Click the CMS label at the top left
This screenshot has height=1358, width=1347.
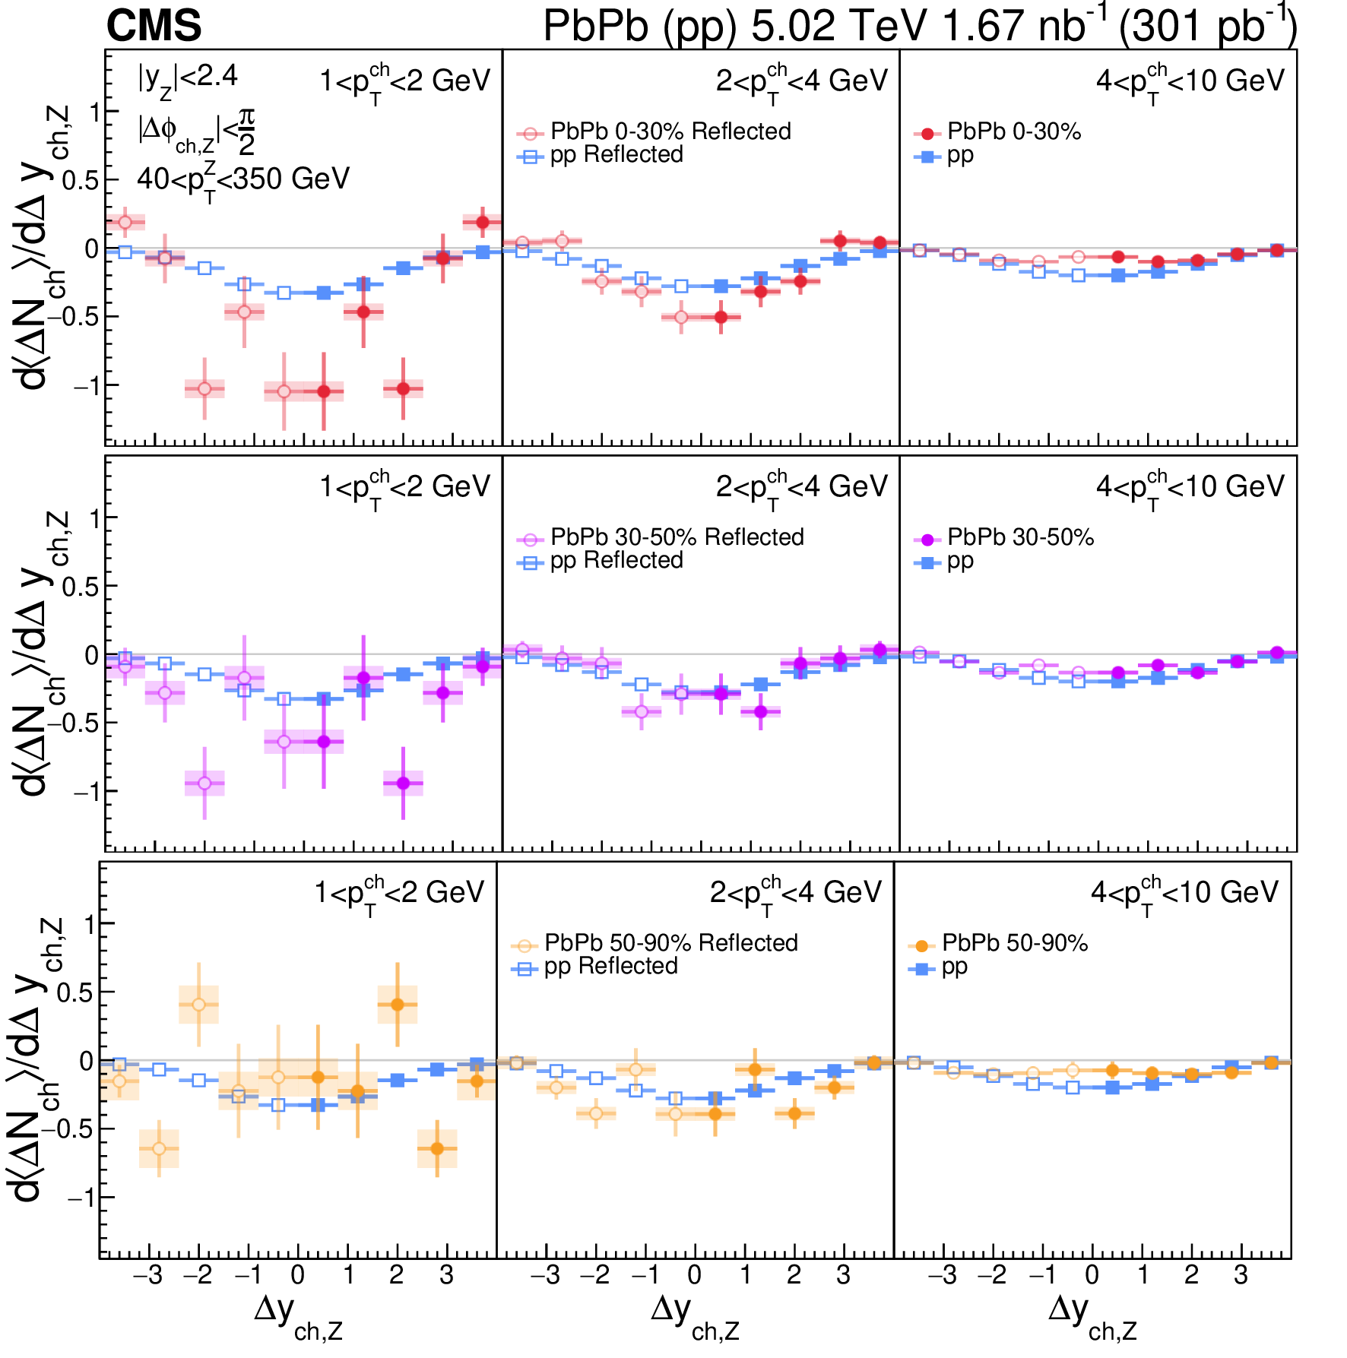(x=154, y=26)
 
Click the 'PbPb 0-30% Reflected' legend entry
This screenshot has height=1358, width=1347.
(x=654, y=131)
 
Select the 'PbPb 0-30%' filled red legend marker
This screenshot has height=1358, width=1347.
(x=927, y=134)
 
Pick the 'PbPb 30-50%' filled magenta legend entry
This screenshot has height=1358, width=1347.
(x=1003, y=538)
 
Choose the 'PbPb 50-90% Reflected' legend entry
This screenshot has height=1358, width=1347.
(x=654, y=943)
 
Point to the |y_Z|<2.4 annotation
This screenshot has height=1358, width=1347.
(x=187, y=78)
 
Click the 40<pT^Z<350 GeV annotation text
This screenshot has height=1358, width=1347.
(x=242, y=181)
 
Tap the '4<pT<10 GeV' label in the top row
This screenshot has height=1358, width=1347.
(x=1190, y=81)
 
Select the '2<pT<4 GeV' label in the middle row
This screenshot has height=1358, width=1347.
(x=801, y=487)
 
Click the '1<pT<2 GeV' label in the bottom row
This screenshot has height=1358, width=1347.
(x=399, y=893)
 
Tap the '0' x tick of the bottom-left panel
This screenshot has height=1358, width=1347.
(x=298, y=1274)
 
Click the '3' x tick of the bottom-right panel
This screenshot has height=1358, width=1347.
(x=1241, y=1274)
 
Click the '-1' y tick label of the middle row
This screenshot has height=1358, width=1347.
(x=85, y=792)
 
